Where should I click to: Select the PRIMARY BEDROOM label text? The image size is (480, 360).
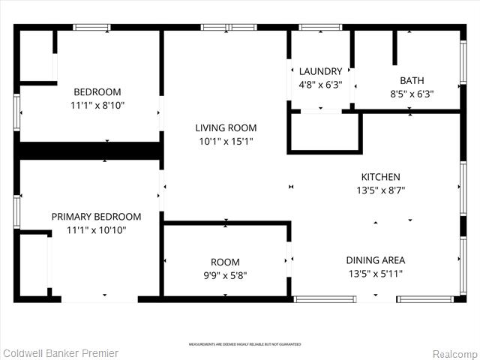click(x=96, y=217)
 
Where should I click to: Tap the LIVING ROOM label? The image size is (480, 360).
click(x=226, y=127)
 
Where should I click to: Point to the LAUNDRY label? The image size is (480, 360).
click(x=320, y=72)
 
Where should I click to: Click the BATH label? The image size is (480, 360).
click(x=412, y=80)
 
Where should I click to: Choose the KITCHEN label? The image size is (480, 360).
click(x=380, y=177)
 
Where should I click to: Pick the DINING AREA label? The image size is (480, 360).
click(x=375, y=260)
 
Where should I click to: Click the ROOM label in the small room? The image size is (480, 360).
click(x=225, y=262)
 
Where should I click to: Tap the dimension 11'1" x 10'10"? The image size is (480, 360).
click(x=96, y=230)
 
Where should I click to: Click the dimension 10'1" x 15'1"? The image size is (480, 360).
click(x=226, y=141)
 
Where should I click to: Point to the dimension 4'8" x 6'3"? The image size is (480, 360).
click(x=320, y=85)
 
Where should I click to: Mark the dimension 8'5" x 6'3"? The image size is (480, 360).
click(x=412, y=94)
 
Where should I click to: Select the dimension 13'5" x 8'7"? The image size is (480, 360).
click(x=380, y=190)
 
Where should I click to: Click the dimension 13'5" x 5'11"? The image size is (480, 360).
click(x=375, y=274)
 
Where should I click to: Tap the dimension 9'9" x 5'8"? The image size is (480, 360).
click(x=225, y=275)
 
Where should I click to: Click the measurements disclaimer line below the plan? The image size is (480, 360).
click(x=244, y=344)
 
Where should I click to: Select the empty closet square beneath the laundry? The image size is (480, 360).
click(x=323, y=133)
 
